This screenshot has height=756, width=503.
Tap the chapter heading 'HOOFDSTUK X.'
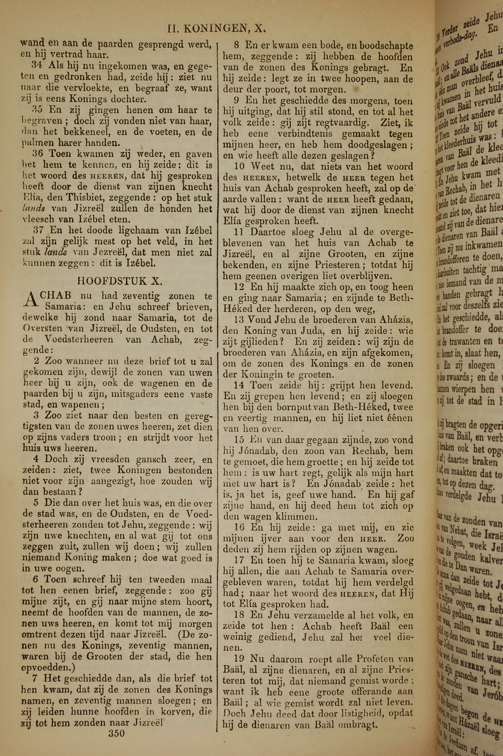tap(120, 281)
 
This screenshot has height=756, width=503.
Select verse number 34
tap(37, 65)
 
